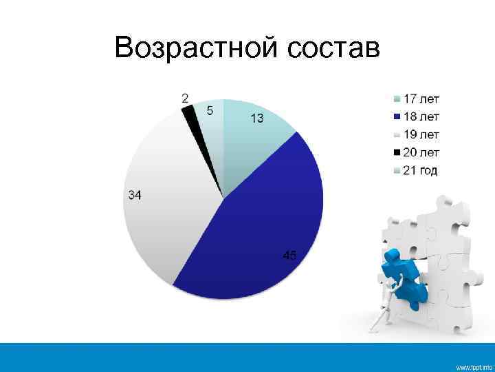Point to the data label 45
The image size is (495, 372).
[x=290, y=256]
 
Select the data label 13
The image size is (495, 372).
[x=256, y=118]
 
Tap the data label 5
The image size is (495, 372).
[x=210, y=110]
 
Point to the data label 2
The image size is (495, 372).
[x=186, y=98]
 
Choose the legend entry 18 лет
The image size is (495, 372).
[x=421, y=116]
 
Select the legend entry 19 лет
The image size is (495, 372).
[x=421, y=134]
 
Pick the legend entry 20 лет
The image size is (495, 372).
[x=421, y=152]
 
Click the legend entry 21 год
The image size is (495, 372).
[x=419, y=170]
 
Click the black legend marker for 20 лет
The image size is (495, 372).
[x=396, y=152]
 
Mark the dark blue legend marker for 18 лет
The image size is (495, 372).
[x=396, y=116]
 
